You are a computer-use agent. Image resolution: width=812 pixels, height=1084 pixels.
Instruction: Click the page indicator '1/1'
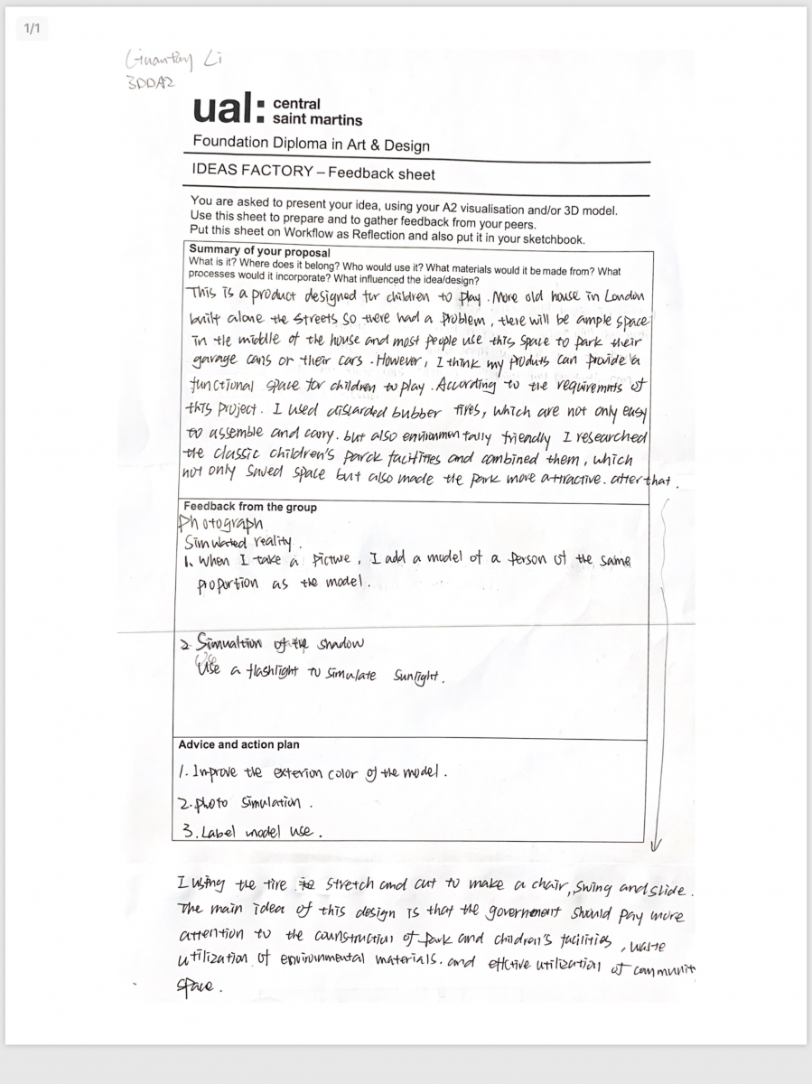click(33, 29)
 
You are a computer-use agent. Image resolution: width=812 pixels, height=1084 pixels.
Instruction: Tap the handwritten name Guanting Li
click(173, 61)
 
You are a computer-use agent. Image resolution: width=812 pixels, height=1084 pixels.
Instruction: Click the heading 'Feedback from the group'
click(250, 507)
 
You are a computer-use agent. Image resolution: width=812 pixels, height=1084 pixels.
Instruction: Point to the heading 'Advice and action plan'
click(238, 744)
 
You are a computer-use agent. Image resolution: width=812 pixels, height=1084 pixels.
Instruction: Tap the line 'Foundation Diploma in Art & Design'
click(311, 144)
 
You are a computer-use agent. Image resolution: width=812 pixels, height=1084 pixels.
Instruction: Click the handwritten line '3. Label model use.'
click(252, 832)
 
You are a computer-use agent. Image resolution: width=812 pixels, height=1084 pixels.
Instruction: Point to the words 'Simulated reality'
click(238, 542)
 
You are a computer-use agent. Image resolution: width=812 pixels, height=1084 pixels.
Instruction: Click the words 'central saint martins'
click(316, 111)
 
